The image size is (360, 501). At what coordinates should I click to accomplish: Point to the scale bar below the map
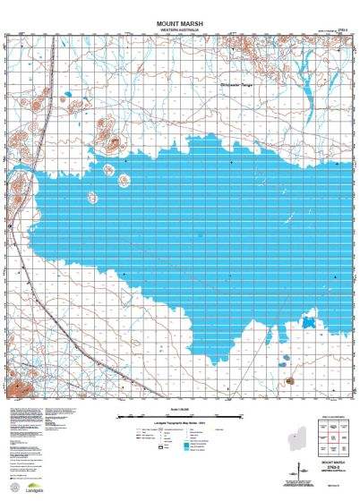180,416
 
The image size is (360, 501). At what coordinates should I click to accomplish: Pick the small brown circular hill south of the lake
289,382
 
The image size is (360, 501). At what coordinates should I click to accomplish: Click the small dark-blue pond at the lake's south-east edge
309,322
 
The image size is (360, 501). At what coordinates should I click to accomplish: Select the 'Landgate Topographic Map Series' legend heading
180,422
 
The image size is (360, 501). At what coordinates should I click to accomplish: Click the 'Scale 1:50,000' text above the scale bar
180,408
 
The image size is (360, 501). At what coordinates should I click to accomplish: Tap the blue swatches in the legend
187,443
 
